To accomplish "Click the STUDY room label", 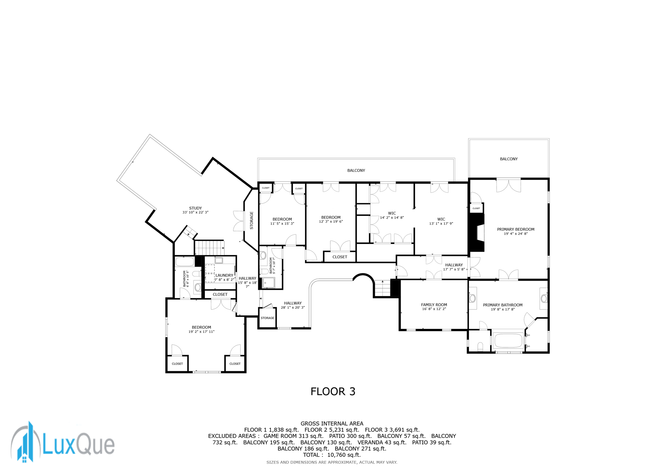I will (195, 208).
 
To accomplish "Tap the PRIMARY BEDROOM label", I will (515, 229).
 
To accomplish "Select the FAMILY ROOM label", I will (434, 305).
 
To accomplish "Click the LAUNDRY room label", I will (224, 275).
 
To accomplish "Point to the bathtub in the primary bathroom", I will (508, 341).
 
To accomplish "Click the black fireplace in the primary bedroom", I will (476, 233).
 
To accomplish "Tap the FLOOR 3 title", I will (333, 391).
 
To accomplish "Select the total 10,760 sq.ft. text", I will (332, 455).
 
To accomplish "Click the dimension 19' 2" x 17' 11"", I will (201, 332).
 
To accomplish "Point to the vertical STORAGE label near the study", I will (251, 220).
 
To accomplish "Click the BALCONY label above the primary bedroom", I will (509, 159).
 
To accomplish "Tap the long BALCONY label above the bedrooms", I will (356, 170).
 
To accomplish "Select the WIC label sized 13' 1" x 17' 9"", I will (441, 219).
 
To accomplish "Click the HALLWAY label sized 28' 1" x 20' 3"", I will (293, 303).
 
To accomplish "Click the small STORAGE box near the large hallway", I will (267, 318).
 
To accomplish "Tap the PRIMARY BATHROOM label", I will (502, 305).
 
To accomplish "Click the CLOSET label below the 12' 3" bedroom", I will (340, 257).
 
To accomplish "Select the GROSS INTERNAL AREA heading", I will (332, 424).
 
